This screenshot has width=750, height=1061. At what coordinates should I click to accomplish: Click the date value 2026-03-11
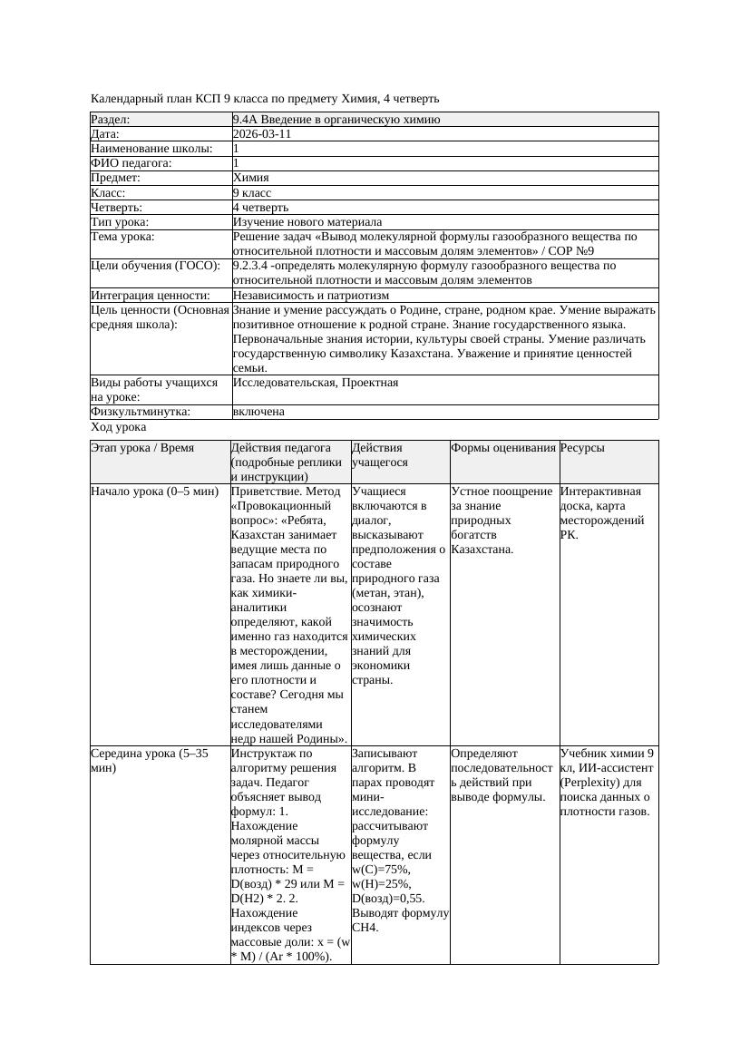(262, 133)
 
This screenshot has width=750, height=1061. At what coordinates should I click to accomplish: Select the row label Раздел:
(111, 119)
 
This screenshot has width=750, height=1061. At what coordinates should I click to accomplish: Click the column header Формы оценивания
(503, 448)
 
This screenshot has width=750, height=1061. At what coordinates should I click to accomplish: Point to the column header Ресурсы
(582, 448)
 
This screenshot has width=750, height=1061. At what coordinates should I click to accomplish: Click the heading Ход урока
(119, 427)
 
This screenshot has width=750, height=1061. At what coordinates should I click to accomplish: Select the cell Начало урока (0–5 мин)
(155, 492)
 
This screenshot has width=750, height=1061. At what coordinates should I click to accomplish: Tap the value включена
(258, 412)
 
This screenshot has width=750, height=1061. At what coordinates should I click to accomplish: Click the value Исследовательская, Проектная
(316, 383)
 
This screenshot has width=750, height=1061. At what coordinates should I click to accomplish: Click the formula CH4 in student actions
(365, 927)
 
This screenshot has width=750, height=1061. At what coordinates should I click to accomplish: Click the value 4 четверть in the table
(263, 207)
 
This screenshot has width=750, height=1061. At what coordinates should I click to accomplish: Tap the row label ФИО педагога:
(131, 163)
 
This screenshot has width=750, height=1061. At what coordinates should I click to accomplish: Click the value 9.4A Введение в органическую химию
(336, 119)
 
